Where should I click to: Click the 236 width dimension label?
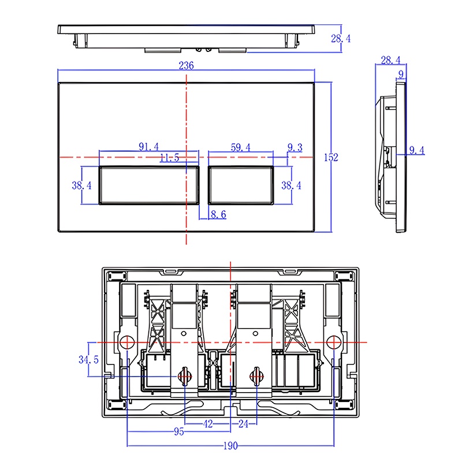(186, 65)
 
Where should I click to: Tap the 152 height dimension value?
(331, 157)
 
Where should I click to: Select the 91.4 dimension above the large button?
(149, 147)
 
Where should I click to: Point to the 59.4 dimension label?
(241, 147)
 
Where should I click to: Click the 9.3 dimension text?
(295, 147)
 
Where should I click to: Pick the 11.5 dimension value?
(169, 158)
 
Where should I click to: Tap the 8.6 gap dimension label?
(219, 214)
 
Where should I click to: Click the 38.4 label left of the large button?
(81, 185)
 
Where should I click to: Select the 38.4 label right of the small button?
(291, 185)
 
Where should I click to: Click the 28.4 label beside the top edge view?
(341, 38)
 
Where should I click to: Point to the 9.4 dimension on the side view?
(417, 150)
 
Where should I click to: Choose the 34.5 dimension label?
(88, 359)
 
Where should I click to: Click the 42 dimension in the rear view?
(208, 424)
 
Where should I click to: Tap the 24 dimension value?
(243, 424)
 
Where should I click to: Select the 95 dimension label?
(179, 431)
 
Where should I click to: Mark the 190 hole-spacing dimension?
(230, 446)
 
